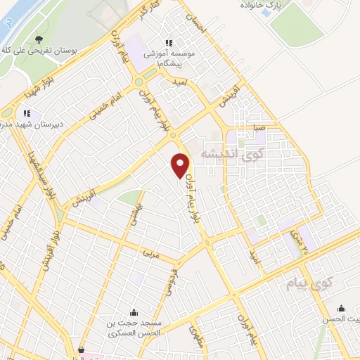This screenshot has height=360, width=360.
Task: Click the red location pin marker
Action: point(180,165)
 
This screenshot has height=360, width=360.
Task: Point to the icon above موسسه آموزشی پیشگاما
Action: point(167,41)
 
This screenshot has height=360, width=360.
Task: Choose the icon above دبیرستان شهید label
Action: point(27,112)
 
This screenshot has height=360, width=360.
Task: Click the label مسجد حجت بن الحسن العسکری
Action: point(134,328)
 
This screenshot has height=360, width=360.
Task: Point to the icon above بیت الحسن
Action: point(342,307)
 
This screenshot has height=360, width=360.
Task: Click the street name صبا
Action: point(260,128)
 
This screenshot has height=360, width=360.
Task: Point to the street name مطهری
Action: point(196,334)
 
